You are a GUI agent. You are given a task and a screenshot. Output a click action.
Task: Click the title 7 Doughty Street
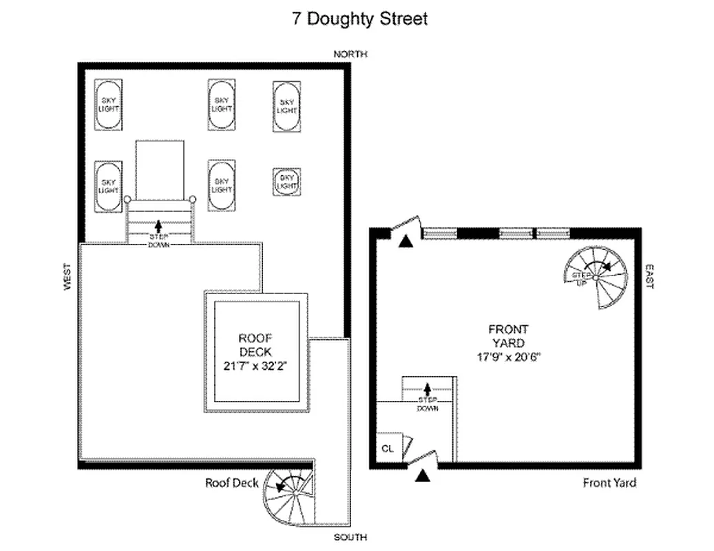[x=360, y=19]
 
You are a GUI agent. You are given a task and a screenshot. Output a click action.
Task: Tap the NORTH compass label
[x=350, y=54]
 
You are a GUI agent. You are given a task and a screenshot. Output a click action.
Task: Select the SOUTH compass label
[x=350, y=537]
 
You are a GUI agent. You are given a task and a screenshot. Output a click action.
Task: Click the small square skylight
[x=286, y=182]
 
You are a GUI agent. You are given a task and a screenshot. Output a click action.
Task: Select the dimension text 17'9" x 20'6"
[x=509, y=356]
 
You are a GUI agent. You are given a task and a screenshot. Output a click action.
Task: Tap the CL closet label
[x=387, y=448]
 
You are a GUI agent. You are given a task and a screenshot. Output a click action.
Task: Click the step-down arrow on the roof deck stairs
[x=159, y=225]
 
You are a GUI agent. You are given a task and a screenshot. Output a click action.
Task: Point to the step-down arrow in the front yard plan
[x=428, y=388]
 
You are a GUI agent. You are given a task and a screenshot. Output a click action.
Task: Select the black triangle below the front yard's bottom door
[x=422, y=475]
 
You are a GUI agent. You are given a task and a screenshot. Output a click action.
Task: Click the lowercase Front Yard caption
[x=609, y=483]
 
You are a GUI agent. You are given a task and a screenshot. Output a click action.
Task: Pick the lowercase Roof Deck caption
[x=232, y=483]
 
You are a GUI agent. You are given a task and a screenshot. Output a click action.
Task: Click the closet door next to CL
[x=408, y=446]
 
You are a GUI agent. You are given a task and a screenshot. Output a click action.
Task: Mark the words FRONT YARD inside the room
[x=509, y=336]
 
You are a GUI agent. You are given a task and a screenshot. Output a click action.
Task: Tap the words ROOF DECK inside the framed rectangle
[x=256, y=344]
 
